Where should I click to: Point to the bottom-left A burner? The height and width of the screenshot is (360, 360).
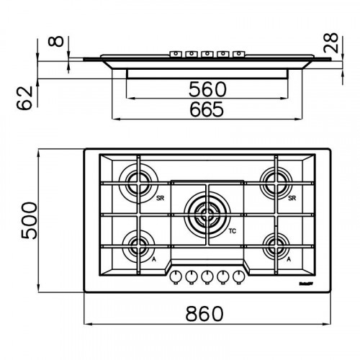(137, 246)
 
